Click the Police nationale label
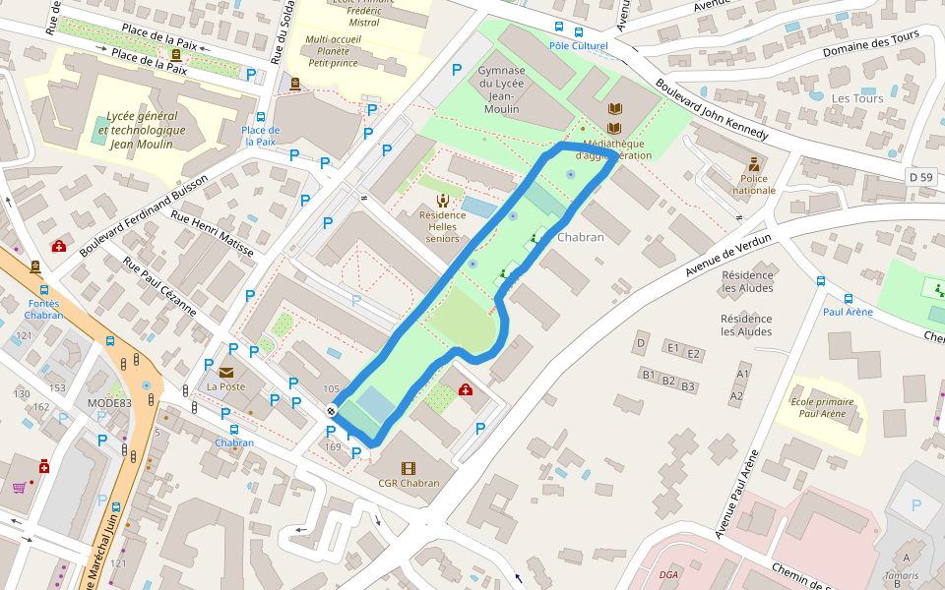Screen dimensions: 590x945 pyautogui.click(x=753, y=184)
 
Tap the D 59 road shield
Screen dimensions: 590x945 pyautogui.click(x=920, y=176)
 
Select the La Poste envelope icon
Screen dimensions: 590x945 pyautogui.click(x=227, y=372)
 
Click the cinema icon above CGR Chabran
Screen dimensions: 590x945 pyautogui.click(x=409, y=468)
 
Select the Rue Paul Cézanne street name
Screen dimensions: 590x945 pyautogui.click(x=159, y=286)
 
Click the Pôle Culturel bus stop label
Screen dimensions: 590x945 pyautogui.click(x=578, y=45)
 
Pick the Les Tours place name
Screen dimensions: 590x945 pyautogui.click(x=857, y=98)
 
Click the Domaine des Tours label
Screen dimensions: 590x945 pyautogui.click(x=869, y=43)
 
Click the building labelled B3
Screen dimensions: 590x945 pyautogui.click(x=688, y=386)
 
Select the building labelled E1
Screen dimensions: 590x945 pyautogui.click(x=674, y=348)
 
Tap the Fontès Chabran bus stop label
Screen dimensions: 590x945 pyautogui.click(x=44, y=309)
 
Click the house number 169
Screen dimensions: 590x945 pyautogui.click(x=333, y=447)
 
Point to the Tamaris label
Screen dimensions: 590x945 pyautogui.click(x=902, y=575)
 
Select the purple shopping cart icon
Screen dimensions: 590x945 pyautogui.click(x=19, y=487)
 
